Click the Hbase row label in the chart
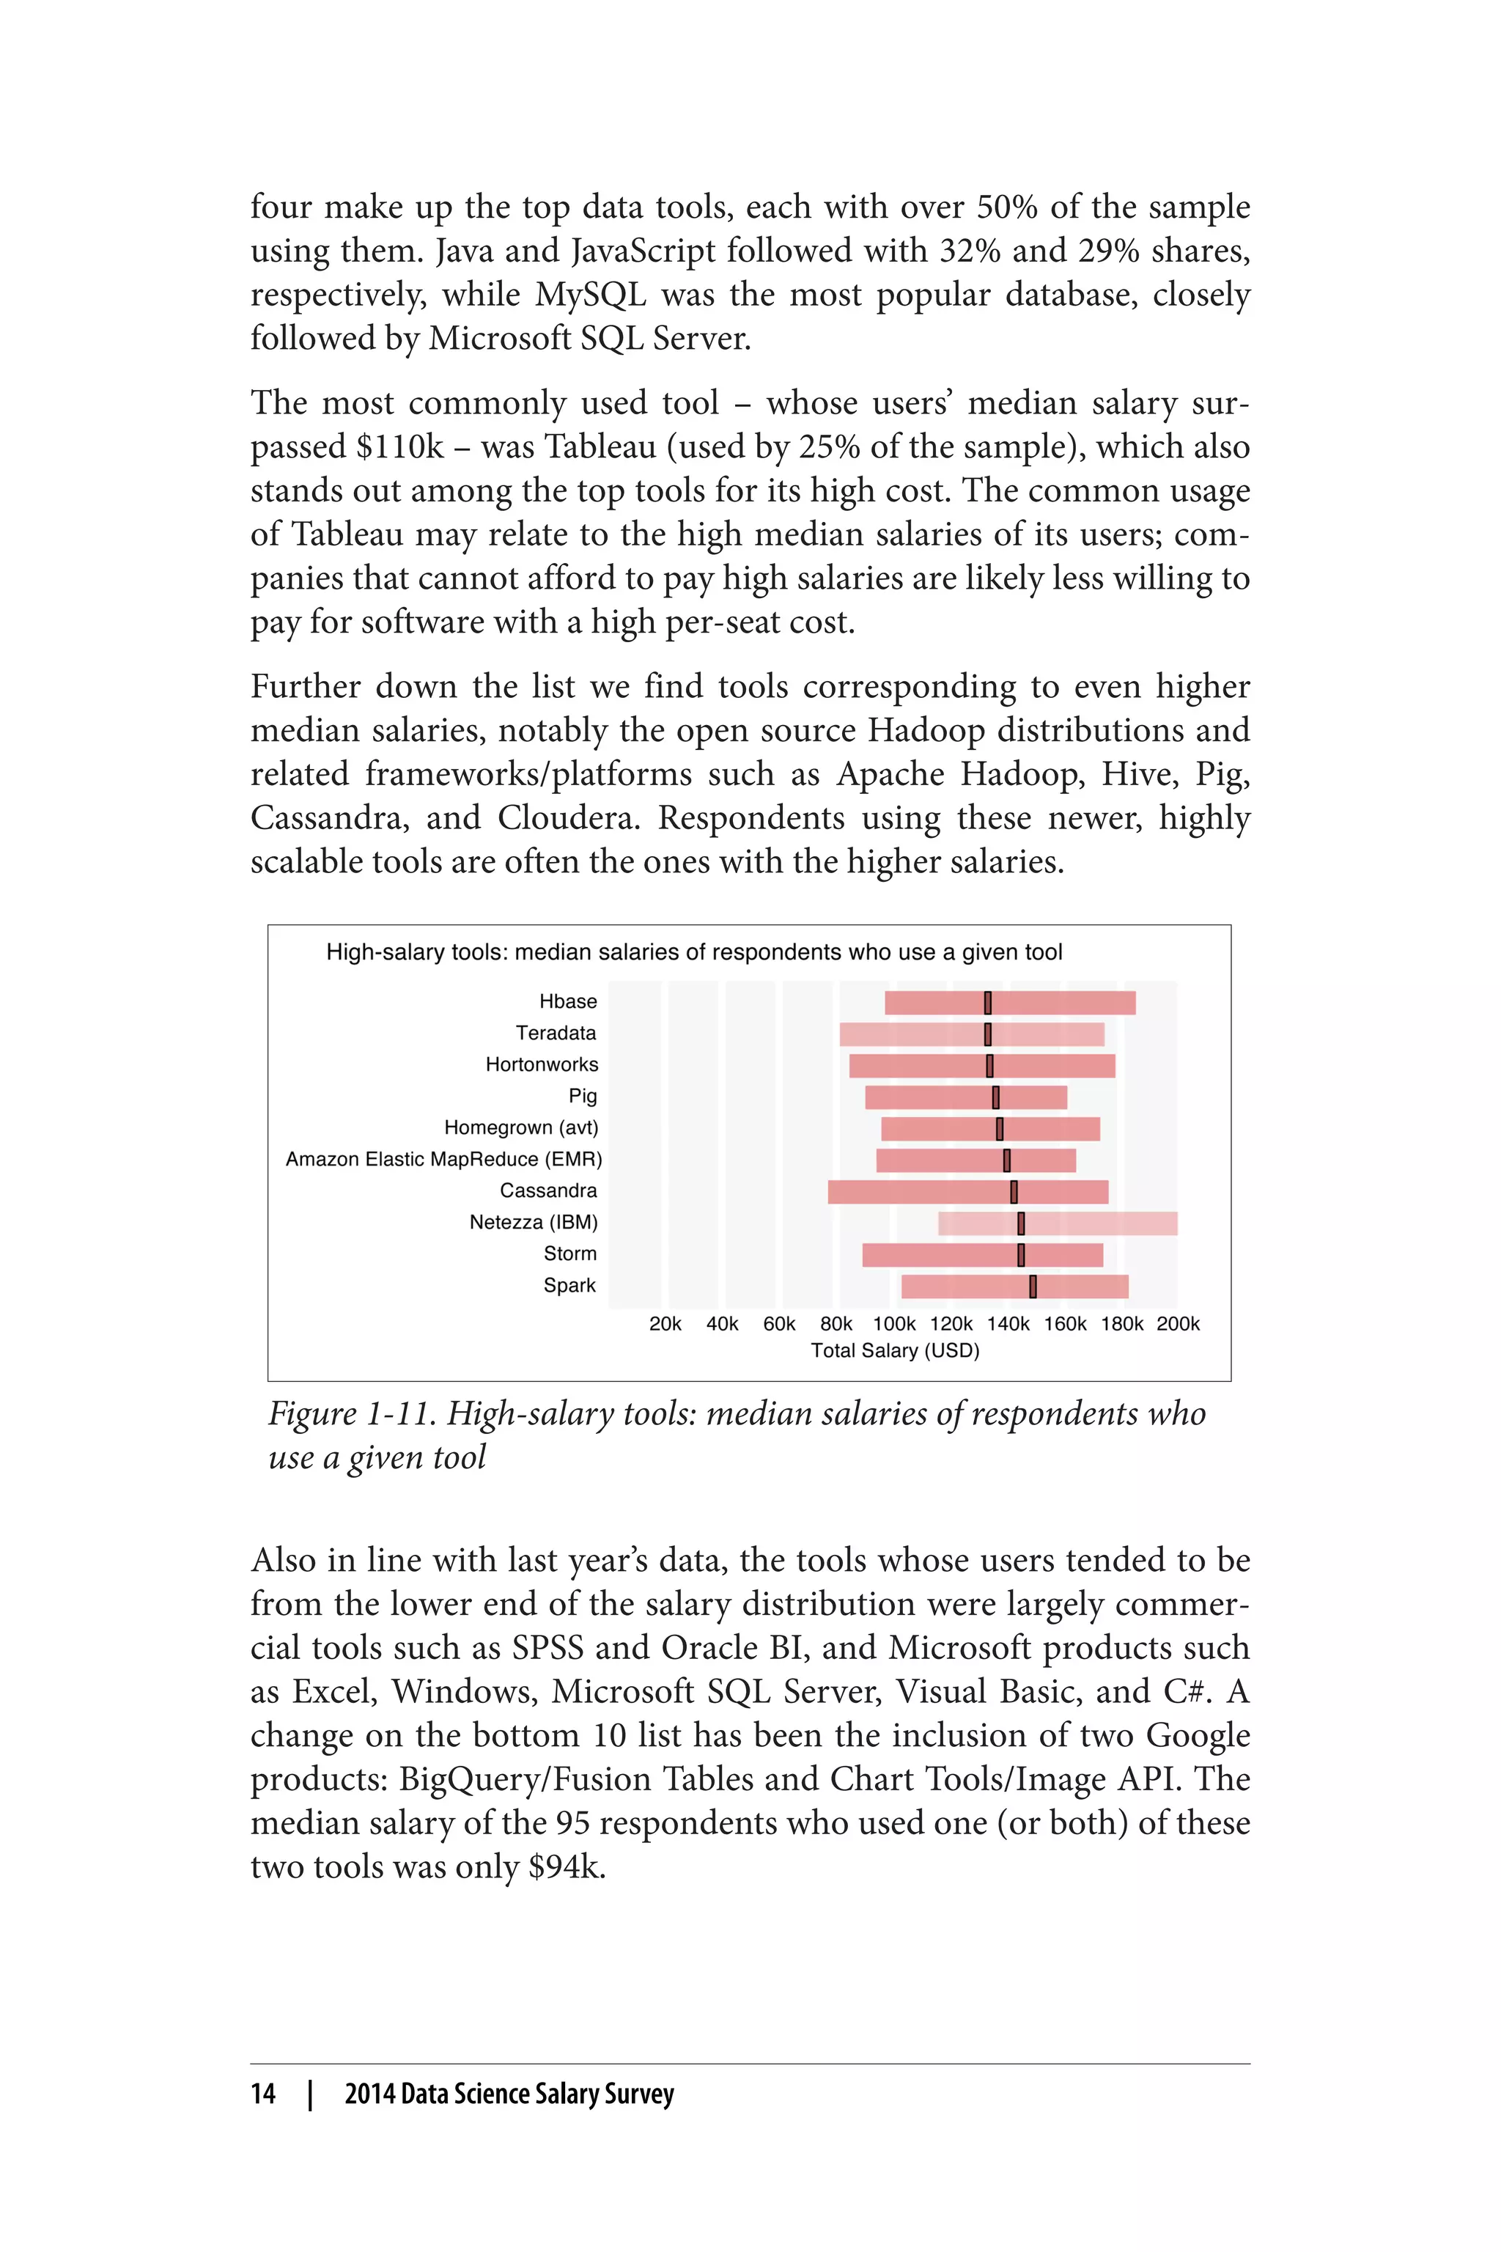[568, 1001]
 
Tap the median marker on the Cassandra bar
[1014, 1192]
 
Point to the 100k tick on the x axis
[894, 1324]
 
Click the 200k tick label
[1178, 1324]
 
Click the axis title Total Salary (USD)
[895, 1351]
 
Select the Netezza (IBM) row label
[534, 1223]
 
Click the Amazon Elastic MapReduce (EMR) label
[444, 1160]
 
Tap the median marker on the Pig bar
[995, 1097]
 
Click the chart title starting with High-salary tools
[694, 953]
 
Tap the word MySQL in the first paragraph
[591, 294]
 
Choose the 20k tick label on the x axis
[665, 1324]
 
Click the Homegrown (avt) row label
[521, 1128]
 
